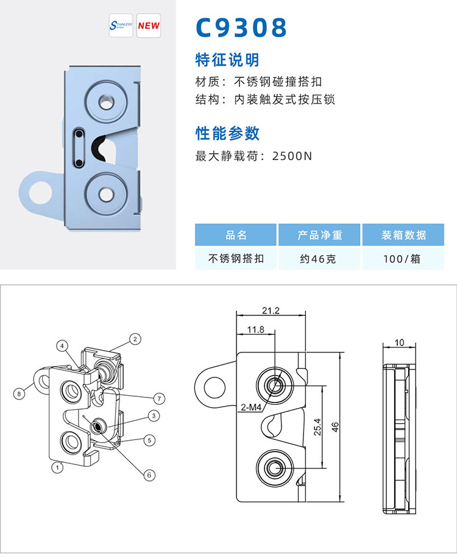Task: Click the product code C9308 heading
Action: (x=241, y=27)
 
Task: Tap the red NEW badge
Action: (x=149, y=26)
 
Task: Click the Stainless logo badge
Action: (x=120, y=26)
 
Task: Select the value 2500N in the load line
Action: (x=292, y=156)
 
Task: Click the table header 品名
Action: (x=236, y=235)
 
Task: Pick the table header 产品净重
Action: (x=320, y=235)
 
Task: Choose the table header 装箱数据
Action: (x=404, y=235)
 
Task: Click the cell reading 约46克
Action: (x=320, y=259)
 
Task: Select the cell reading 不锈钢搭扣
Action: (x=236, y=259)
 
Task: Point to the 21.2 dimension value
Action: (x=271, y=310)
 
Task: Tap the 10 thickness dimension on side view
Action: (x=399, y=343)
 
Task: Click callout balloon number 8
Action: (x=19, y=394)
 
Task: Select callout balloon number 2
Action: (x=135, y=338)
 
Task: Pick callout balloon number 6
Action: (x=147, y=475)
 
